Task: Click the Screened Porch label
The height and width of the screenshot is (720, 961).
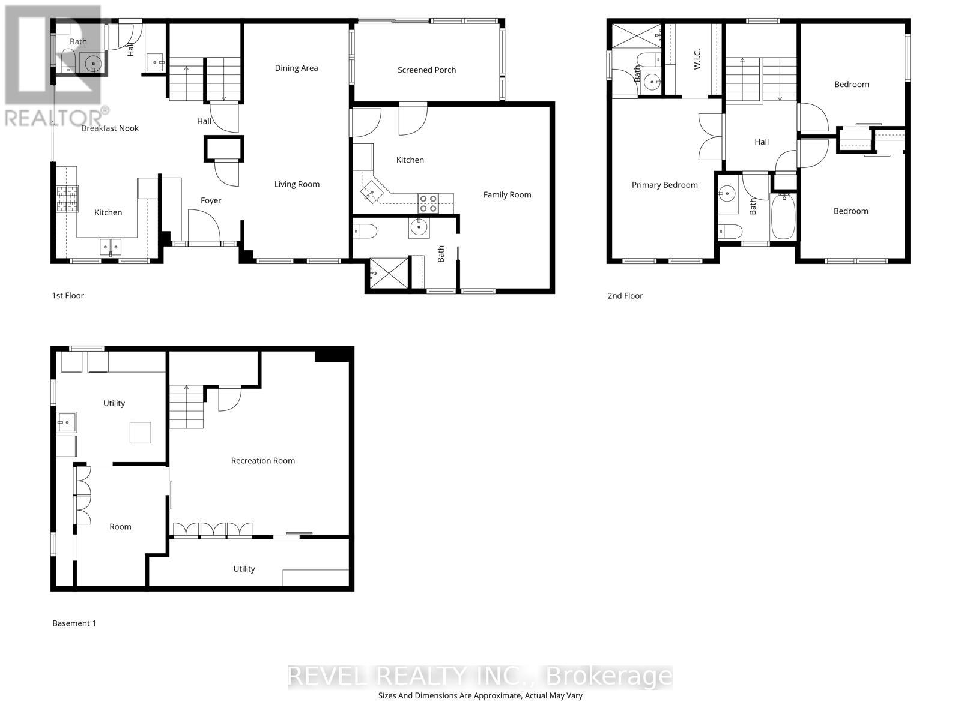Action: point(426,70)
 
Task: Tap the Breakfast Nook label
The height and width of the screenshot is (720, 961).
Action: point(110,128)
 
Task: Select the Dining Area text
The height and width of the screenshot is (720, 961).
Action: point(296,68)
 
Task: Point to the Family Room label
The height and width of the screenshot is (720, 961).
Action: point(507,195)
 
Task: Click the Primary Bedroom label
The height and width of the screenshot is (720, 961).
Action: point(664,185)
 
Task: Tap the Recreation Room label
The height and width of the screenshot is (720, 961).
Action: point(262,461)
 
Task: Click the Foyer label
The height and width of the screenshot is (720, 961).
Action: point(211,201)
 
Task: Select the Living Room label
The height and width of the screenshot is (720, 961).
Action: point(297,185)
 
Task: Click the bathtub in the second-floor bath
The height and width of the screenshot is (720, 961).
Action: point(783,216)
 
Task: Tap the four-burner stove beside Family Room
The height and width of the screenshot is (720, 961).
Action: point(428,204)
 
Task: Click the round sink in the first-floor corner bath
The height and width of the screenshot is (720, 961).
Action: point(93,62)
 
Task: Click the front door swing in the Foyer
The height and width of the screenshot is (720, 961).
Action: point(204,226)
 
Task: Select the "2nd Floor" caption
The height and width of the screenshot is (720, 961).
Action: point(625,296)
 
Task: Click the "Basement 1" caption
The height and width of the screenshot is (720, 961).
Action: point(74,623)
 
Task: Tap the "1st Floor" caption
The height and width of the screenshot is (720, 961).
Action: point(68,296)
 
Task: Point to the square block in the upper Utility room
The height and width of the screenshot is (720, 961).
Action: point(141,433)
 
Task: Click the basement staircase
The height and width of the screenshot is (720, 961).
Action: point(186,407)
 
